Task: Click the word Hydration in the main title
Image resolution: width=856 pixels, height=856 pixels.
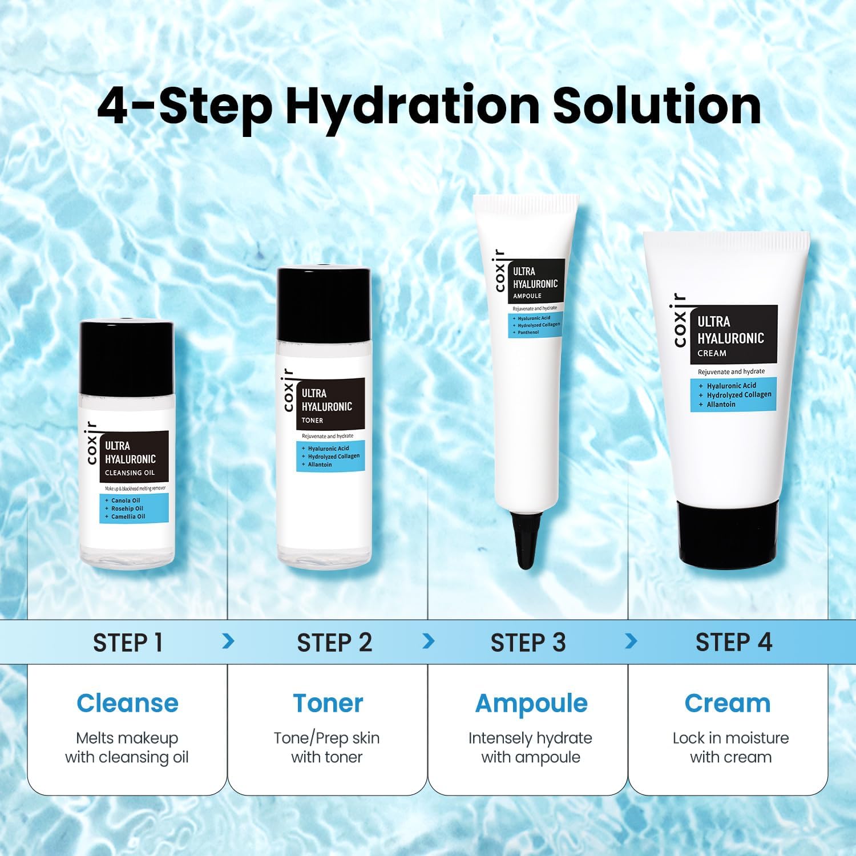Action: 413,107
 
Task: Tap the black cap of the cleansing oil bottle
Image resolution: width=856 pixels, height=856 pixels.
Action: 126,359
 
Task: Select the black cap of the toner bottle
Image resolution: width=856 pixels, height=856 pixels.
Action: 324,305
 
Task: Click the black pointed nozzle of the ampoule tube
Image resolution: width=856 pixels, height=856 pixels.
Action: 526,539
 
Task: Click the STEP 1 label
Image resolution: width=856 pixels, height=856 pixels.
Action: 128,643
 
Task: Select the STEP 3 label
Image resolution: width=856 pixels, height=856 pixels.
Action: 528,643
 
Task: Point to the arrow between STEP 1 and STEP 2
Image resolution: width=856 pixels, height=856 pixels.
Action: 228,641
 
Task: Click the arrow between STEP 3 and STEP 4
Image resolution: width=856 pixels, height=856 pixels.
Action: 631,641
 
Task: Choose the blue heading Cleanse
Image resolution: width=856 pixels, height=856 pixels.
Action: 127,703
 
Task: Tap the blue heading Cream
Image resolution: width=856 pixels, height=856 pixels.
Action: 728,703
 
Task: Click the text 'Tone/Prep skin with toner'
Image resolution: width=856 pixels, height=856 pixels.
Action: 326,748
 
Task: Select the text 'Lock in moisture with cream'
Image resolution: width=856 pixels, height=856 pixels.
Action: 730,748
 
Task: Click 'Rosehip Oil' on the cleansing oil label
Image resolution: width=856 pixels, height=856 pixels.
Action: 127,508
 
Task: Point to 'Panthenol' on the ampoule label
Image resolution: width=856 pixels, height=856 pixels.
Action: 528,332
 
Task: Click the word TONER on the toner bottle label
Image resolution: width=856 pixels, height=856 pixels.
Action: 312,421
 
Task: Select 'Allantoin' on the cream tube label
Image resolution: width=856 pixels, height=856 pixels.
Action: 721,405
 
